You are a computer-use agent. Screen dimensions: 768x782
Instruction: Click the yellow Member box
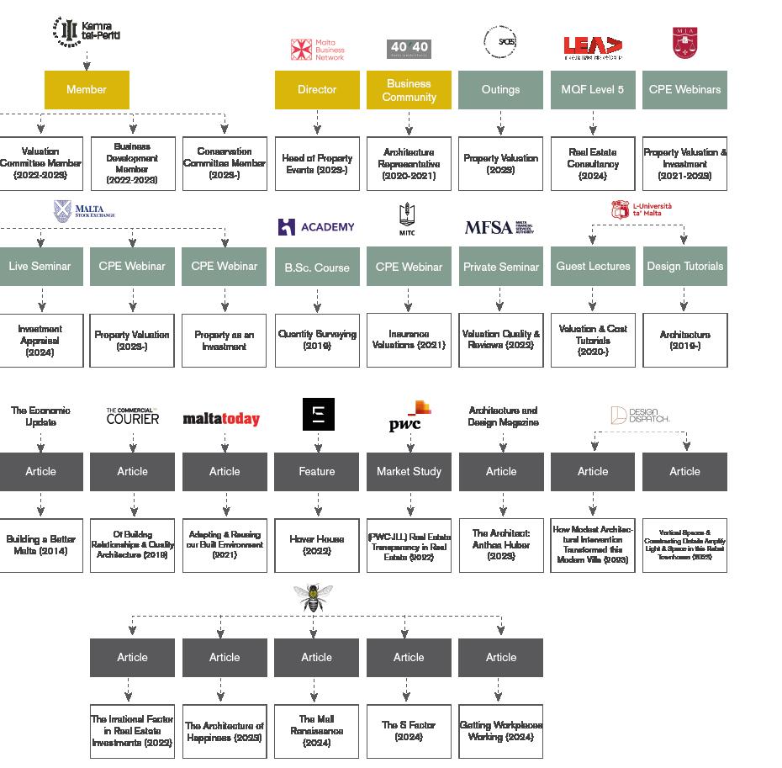coord(87,90)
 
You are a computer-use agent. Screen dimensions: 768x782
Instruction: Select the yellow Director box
coord(317,90)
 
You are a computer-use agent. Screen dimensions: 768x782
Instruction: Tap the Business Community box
coord(409,90)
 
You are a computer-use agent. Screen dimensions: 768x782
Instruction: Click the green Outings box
coord(500,90)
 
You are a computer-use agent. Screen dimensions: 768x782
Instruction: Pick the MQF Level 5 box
coord(593,90)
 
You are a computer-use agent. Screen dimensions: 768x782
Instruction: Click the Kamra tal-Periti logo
coord(87,32)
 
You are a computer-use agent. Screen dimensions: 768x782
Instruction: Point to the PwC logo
coord(409,417)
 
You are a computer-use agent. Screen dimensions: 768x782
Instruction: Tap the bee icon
coord(314,597)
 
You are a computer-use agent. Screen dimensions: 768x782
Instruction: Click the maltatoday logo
coord(221,419)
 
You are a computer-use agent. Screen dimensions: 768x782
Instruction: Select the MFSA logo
coord(499,227)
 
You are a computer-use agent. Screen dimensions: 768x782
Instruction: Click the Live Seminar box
coord(40,267)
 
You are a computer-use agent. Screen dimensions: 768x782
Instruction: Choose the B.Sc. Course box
coord(317,267)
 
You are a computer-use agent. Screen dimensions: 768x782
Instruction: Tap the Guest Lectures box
coord(593,267)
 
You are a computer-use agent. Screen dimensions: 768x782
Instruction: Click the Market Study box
coord(409,472)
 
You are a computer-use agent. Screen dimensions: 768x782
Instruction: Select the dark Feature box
coord(317,472)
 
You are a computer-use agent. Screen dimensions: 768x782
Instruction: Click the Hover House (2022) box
coord(317,545)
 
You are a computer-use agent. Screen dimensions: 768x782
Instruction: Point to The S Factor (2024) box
coord(409,731)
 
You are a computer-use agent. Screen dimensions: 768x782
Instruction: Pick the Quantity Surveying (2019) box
coord(317,340)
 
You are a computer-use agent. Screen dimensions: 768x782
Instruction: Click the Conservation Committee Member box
coord(225,163)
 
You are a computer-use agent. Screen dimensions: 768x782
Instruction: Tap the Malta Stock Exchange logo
coord(84,210)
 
